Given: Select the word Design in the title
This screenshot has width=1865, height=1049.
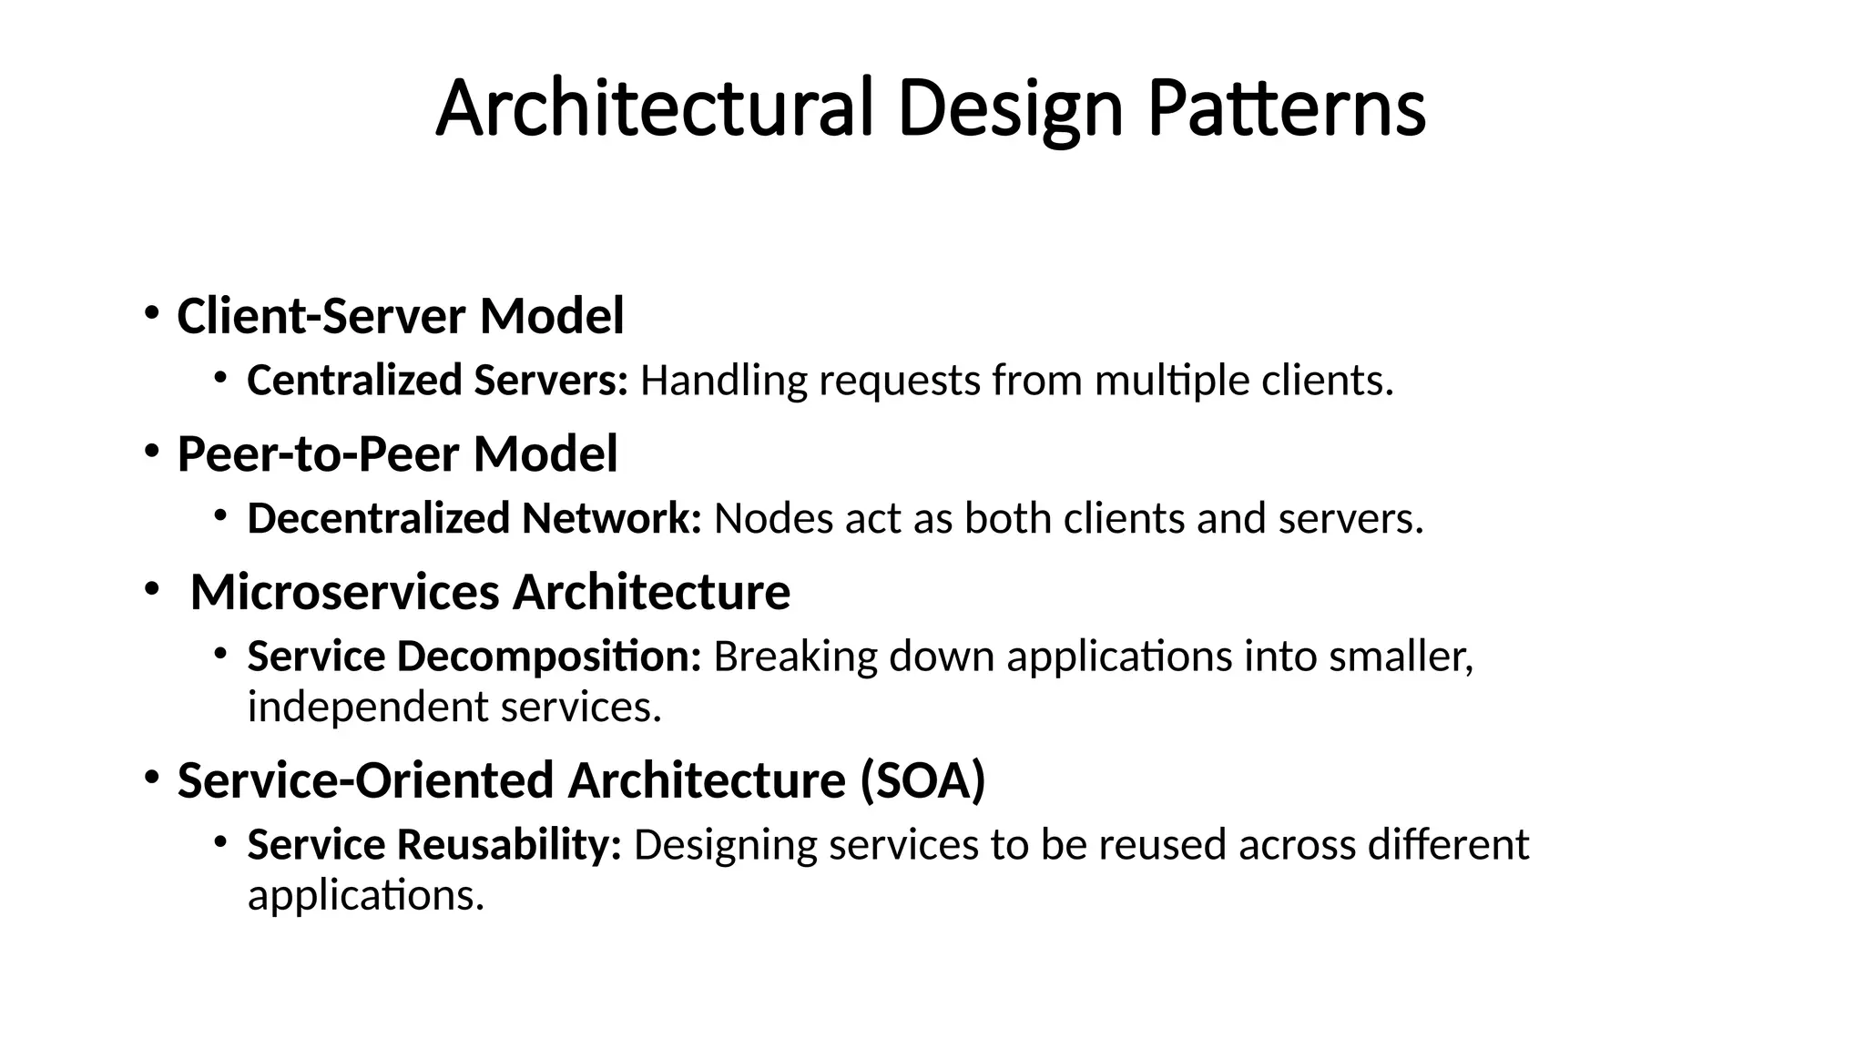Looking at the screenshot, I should (x=1009, y=109).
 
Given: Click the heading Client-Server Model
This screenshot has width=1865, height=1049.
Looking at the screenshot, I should (x=400, y=316).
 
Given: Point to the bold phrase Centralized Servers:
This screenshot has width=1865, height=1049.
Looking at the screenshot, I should (x=437, y=380).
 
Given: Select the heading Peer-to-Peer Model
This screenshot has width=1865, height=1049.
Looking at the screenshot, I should (x=397, y=453).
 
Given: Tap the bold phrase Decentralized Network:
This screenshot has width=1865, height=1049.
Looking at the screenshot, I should (x=474, y=518).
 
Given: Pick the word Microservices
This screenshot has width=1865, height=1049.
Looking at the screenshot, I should (x=345, y=592).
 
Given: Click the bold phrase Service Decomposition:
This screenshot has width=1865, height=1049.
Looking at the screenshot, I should (x=474, y=657).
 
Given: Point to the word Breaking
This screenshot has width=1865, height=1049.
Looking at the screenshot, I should (x=795, y=657).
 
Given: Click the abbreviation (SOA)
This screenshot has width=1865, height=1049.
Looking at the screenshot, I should (x=922, y=780).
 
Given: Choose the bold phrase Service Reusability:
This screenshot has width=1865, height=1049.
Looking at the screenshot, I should (x=434, y=844).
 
